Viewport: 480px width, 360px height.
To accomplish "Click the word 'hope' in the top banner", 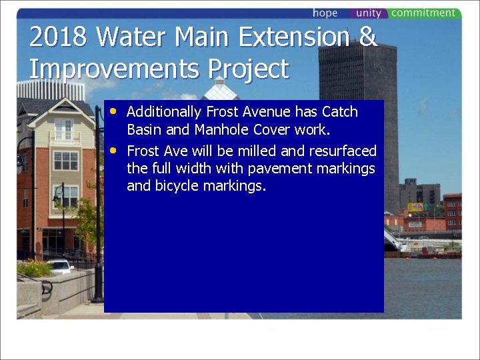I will pos(325,13).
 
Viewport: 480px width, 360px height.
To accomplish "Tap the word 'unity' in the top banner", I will pos(368,13).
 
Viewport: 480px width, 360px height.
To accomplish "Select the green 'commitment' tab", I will pos(423,13).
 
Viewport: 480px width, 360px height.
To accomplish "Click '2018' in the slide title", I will pos(57,37).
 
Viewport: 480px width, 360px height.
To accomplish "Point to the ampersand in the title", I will pos(367,37).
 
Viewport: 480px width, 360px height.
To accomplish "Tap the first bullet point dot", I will pos(115,111).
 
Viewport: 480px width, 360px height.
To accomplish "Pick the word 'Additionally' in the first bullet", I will pos(164,112).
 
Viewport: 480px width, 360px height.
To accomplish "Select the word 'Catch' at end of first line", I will pos(340,112).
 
